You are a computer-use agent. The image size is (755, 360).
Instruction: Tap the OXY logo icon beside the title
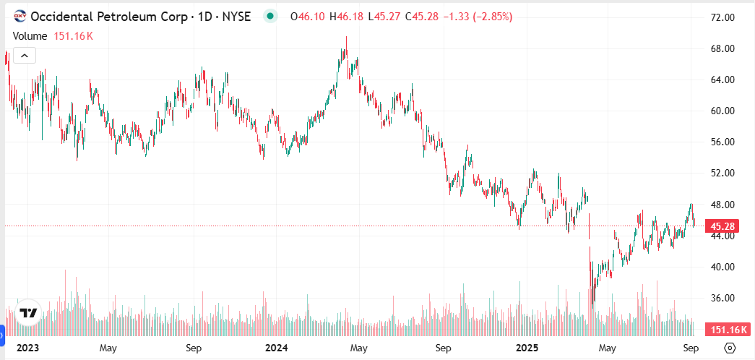(20, 16)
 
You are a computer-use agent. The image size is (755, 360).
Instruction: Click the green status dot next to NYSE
(270, 16)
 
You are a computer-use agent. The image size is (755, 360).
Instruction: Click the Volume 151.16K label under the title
(52, 35)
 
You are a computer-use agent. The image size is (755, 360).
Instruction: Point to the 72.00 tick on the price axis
(725, 17)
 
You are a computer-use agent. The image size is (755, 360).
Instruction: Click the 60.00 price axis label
(725, 111)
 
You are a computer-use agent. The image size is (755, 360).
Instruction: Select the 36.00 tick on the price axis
(725, 298)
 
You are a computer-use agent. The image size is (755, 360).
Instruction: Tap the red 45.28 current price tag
(723, 226)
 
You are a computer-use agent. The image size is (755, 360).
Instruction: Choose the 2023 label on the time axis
(27, 348)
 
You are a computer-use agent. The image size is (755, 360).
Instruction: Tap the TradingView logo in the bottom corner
(28, 313)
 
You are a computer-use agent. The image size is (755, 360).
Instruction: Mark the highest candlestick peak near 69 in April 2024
(346, 38)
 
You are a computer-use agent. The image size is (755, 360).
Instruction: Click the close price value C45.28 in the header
(419, 16)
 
